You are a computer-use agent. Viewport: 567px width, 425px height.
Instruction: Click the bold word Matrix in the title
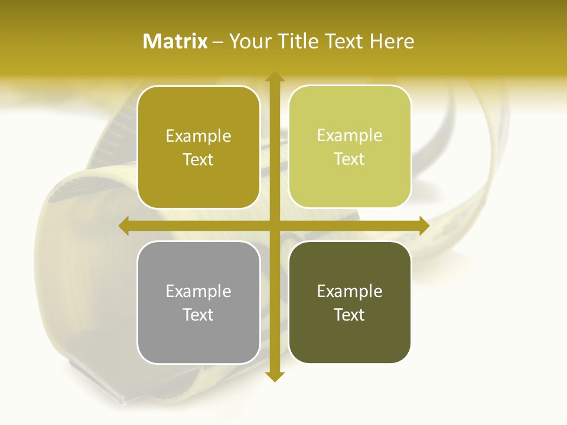tap(175, 41)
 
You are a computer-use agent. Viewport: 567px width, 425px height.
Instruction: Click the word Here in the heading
tap(392, 41)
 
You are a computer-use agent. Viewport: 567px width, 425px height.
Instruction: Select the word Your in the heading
tap(250, 41)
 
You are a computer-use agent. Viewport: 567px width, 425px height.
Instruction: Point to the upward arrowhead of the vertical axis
tap(274, 77)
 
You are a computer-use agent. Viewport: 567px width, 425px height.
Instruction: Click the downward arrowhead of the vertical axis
tap(274, 376)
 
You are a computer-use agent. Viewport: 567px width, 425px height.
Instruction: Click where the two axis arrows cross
tap(274, 225)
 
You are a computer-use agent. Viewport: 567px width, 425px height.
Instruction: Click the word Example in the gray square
tap(198, 291)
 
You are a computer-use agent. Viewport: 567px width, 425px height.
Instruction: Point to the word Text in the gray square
tap(198, 315)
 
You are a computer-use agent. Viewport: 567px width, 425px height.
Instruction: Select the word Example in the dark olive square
tap(350, 291)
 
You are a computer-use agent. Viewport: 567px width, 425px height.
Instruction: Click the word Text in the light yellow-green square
tap(350, 159)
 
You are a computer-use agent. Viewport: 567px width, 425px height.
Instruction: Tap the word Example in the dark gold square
tap(198, 136)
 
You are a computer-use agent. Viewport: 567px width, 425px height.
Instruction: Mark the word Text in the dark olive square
tap(350, 315)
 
